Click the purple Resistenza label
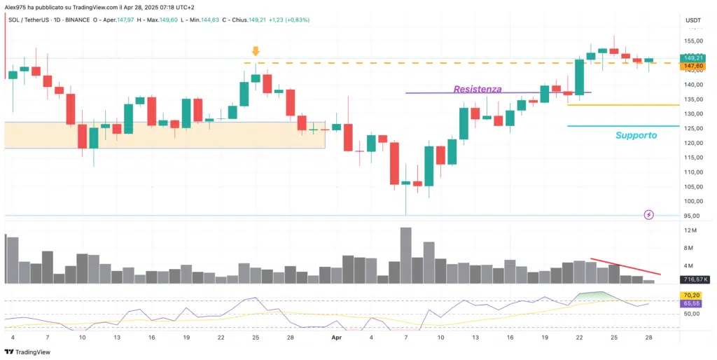478,89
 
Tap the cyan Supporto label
636,135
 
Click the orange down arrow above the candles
256,51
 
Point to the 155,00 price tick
693,41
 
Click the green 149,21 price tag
693,59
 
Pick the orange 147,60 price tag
693,67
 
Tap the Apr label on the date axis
335,338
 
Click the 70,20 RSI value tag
692,296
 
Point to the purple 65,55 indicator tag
692,304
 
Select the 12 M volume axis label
690,230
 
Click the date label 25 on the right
614,338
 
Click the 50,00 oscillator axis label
692,314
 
